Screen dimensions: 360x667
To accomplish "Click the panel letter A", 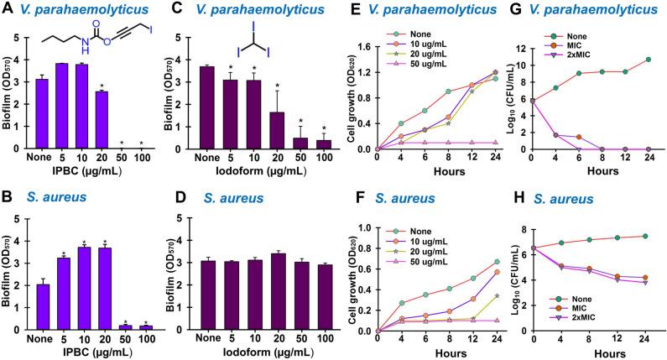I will tap(8, 10).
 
